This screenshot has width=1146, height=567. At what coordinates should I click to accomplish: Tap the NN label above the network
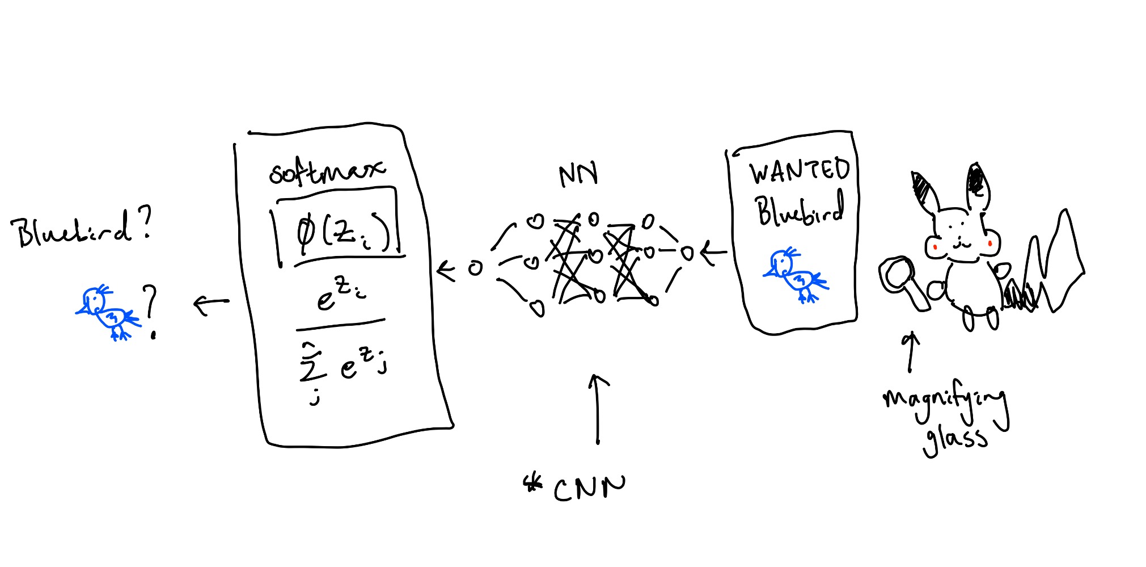coord(578,175)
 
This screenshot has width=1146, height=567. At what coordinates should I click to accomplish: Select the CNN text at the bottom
coord(590,489)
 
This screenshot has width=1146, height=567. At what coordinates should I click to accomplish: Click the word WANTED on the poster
coord(800,171)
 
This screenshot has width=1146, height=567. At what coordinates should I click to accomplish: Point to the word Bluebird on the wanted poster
coord(800,209)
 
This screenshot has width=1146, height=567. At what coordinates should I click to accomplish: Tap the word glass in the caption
coord(955,439)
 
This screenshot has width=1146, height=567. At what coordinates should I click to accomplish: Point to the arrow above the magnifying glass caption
coord(911,352)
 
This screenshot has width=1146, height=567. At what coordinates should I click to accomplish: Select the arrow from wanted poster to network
coord(714,253)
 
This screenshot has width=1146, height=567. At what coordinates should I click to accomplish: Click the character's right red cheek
coord(990,243)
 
